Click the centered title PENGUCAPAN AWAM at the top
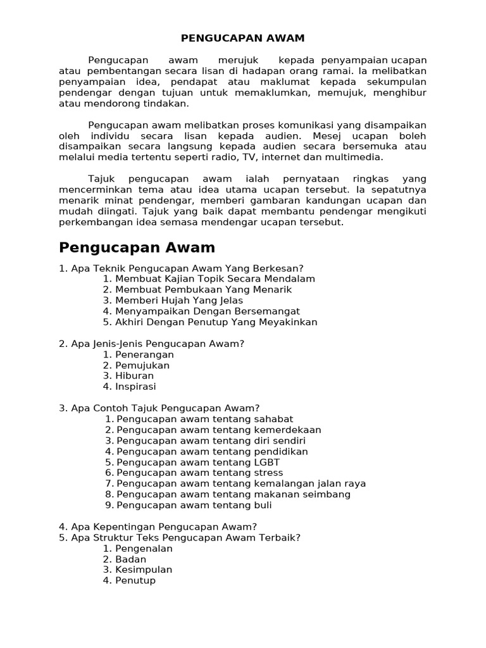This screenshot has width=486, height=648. tap(242, 38)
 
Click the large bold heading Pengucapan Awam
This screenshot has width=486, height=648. tap(137, 247)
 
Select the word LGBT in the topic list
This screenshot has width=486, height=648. tap(266, 462)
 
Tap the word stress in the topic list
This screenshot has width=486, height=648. tap(268, 473)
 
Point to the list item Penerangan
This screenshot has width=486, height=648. tap(144, 354)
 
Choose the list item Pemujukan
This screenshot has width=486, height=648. tap(142, 365)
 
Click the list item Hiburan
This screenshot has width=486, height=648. tap(134, 376)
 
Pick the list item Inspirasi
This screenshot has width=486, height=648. tap(135, 387)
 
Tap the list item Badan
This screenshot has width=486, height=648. tap(130, 559)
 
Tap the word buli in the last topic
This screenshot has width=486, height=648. tap(262, 505)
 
